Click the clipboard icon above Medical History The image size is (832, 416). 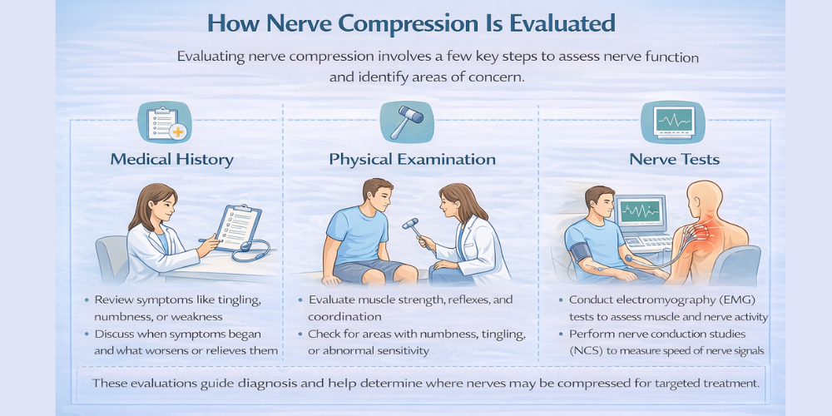(x=165, y=121)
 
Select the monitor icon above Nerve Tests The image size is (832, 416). (x=667, y=121)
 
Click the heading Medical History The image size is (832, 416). (x=171, y=159)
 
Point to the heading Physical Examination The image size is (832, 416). (x=413, y=159)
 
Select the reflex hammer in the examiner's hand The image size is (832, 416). (x=412, y=224)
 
